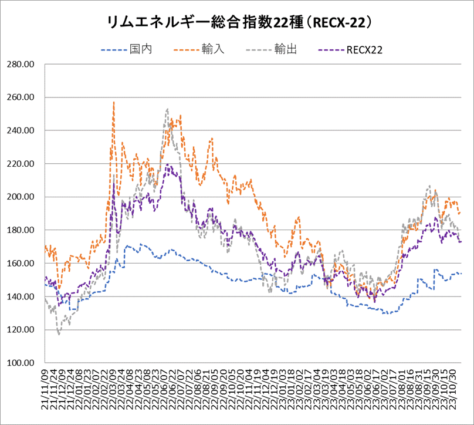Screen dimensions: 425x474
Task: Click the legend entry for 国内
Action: (141, 50)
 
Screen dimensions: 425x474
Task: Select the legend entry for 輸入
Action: (208, 50)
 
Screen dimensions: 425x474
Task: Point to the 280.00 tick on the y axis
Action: (19, 64)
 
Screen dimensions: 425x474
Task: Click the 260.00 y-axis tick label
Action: (19, 97)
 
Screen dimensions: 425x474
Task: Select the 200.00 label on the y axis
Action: (19, 197)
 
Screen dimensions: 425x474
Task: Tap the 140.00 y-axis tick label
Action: (19, 297)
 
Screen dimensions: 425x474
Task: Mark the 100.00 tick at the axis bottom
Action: (19, 363)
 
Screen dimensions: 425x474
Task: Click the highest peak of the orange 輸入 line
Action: (113, 102)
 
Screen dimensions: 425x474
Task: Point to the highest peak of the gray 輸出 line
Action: (167, 109)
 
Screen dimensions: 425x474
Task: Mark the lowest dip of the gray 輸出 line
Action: (59, 334)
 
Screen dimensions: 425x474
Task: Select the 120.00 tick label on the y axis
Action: (19, 330)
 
